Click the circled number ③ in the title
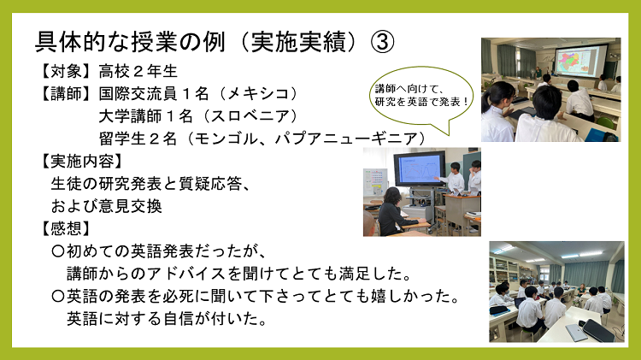[x=382, y=40]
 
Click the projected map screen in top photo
[x=573, y=62]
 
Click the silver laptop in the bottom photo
[x=578, y=331]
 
